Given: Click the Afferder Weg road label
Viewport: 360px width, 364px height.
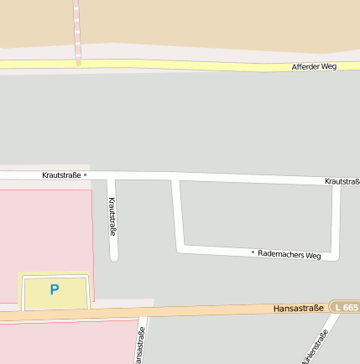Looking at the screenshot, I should [314, 66].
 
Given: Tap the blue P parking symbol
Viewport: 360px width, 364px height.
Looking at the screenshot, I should [55, 290].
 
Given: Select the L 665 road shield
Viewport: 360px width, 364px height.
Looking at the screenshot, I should [344, 308].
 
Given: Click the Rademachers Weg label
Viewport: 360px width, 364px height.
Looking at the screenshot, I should [290, 254].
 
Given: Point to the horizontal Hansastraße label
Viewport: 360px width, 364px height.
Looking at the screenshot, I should [298, 309].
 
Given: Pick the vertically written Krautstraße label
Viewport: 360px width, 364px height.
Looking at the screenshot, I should [112, 216].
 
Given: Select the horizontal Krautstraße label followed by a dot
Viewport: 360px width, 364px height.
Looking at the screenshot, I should [61, 175].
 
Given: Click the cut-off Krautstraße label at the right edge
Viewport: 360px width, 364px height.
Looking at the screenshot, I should [342, 181].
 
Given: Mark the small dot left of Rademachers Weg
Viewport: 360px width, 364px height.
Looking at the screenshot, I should [253, 252].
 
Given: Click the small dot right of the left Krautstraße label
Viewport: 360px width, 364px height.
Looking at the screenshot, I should [85, 175].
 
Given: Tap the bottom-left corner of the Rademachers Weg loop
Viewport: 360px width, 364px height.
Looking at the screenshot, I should [180, 247].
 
